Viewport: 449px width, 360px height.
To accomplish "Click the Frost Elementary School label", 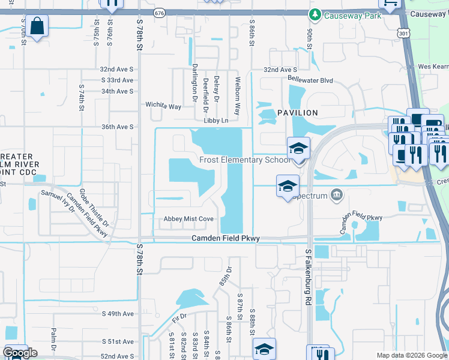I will [x=245, y=160].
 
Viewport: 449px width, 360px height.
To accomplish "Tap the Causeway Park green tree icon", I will [x=313, y=14].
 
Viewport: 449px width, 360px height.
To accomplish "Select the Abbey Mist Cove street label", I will [x=188, y=219].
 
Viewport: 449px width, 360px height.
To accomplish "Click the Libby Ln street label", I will [x=216, y=121].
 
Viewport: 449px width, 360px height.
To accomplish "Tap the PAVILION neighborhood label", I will [x=297, y=113].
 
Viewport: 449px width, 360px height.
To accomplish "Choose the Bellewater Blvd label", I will [x=310, y=80].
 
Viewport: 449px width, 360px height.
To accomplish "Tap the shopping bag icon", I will [x=37, y=26].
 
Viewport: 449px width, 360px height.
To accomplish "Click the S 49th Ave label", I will [x=118, y=314].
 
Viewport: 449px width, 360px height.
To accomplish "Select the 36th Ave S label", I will [x=117, y=127].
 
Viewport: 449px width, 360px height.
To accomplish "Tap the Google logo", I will [x=20, y=353].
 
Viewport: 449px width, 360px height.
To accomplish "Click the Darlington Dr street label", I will [x=194, y=82].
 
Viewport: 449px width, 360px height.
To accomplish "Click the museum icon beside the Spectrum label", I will [x=336, y=195].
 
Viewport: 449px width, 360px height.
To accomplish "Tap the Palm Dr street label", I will [x=53, y=338].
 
